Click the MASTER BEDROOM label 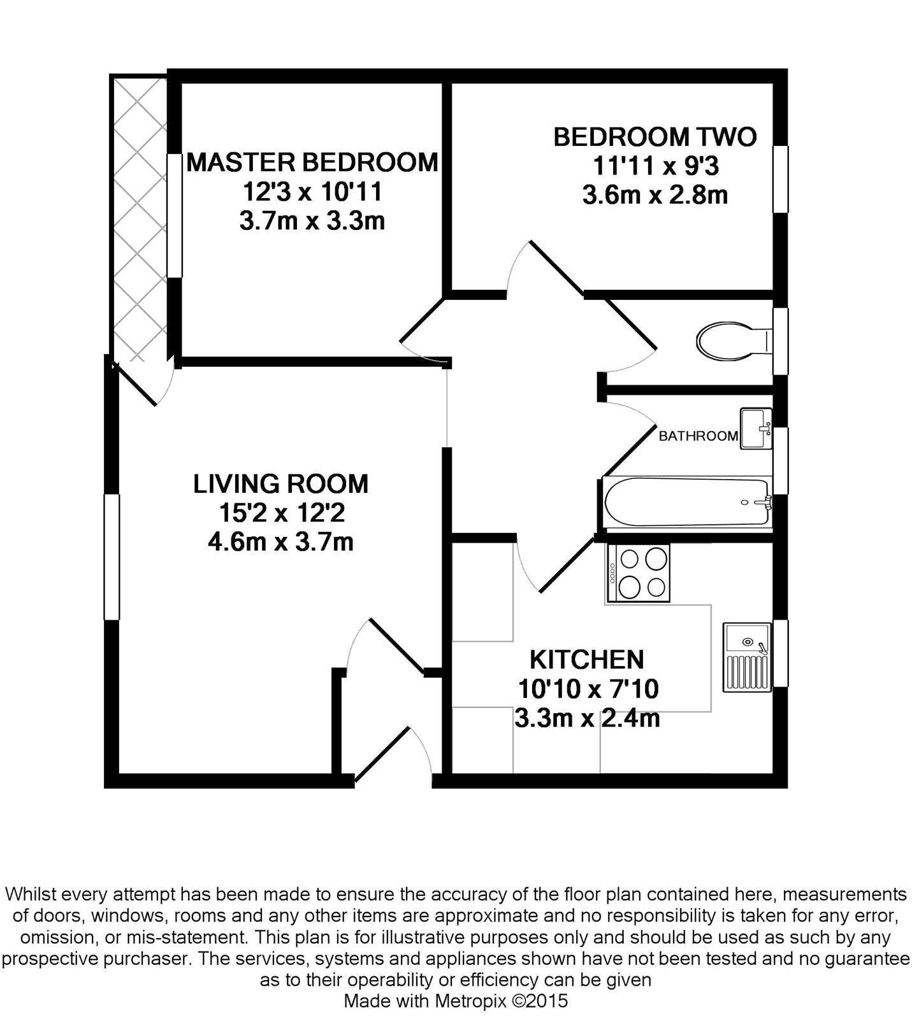312,162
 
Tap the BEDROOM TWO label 655,137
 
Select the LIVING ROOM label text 280,484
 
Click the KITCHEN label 587,660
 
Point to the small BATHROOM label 698,436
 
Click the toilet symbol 733,341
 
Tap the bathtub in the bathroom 686,502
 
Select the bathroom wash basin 756,429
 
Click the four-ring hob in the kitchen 639,573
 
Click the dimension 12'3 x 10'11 312,192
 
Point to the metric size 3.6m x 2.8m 655,195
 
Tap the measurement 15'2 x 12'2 280,513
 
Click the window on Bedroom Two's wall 781,179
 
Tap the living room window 112,557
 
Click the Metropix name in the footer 470,1001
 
